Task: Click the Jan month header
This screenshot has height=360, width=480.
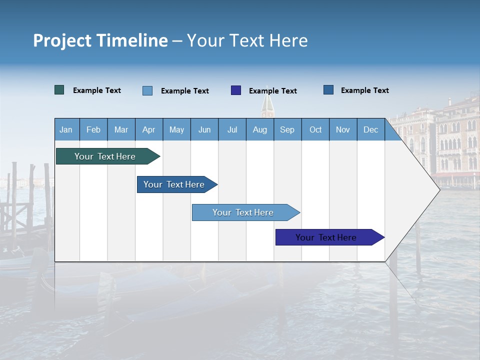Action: tap(66, 129)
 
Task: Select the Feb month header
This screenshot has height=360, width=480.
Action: tap(93, 129)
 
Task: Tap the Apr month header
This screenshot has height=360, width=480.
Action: tap(148, 129)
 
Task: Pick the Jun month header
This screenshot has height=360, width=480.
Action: tap(204, 129)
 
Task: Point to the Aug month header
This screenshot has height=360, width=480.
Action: tap(259, 129)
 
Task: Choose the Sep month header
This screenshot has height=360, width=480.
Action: tap(287, 129)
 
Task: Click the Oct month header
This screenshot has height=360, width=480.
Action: tap(315, 129)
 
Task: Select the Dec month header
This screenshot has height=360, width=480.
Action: tap(370, 129)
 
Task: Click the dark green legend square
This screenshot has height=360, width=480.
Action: tap(59, 90)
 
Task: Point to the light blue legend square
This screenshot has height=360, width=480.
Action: tap(147, 90)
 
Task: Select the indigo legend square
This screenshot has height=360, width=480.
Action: tap(236, 90)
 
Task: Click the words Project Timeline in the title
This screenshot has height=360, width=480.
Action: tap(100, 40)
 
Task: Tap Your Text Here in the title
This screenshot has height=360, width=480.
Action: tap(247, 40)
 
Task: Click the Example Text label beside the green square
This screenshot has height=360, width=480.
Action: tap(97, 90)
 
